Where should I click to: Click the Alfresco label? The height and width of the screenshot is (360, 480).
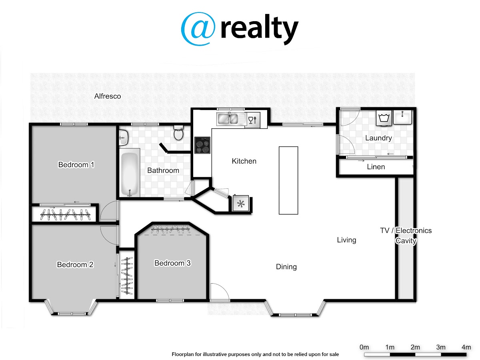click(x=107, y=96)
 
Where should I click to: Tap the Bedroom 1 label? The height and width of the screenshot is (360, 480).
click(x=76, y=164)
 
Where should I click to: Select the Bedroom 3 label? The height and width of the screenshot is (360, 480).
click(x=172, y=263)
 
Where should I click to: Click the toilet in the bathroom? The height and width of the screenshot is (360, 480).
click(x=179, y=133)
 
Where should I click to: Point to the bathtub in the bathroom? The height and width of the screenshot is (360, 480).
click(x=130, y=172)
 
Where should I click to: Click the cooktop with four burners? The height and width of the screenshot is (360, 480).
click(x=202, y=145)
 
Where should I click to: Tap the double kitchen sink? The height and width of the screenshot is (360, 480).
click(x=228, y=119)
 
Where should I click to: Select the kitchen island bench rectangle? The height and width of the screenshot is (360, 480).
click(x=288, y=180)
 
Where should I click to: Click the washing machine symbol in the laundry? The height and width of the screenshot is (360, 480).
click(x=384, y=118)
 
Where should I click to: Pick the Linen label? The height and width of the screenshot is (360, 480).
click(x=376, y=167)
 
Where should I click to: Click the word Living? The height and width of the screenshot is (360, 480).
click(x=346, y=240)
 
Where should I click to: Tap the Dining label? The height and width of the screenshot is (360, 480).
click(x=286, y=267)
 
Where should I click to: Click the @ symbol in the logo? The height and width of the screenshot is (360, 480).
click(x=198, y=29)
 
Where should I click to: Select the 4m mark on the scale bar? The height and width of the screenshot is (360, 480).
click(x=466, y=347)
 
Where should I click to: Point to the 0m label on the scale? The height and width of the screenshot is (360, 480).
click(x=364, y=347)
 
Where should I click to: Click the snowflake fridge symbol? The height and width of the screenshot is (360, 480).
click(x=241, y=204)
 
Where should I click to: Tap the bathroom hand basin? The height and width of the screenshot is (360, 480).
click(x=124, y=138)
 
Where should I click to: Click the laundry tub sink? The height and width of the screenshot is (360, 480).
click(x=402, y=117)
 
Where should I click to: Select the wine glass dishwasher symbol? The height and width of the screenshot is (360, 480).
click(x=252, y=120)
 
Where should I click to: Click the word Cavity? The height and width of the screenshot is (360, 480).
click(x=406, y=241)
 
